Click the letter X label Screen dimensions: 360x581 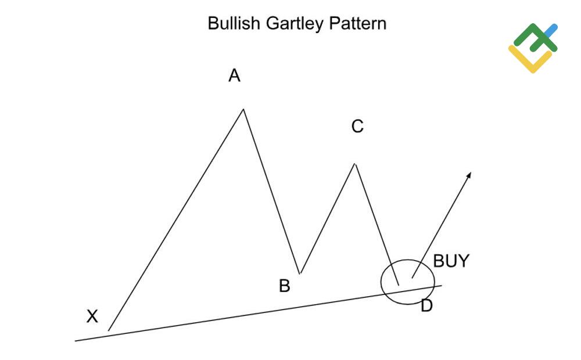pyautogui.click(x=92, y=317)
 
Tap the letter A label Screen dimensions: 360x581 pyautogui.click(x=234, y=75)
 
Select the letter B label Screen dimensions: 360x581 pyautogui.click(x=284, y=286)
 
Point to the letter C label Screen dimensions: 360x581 pyautogui.click(x=357, y=126)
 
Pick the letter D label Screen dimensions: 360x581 pyautogui.click(x=426, y=306)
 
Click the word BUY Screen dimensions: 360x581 pyautogui.click(x=451, y=261)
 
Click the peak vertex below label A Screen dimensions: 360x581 pyautogui.click(x=243, y=109)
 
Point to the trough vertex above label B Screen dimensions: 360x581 pyautogui.click(x=299, y=273)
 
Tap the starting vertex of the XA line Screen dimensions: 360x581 pyautogui.click(x=109, y=330)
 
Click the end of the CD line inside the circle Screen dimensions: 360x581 pyautogui.click(x=399, y=285)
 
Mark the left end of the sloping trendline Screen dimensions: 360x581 pyautogui.click(x=76, y=340)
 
